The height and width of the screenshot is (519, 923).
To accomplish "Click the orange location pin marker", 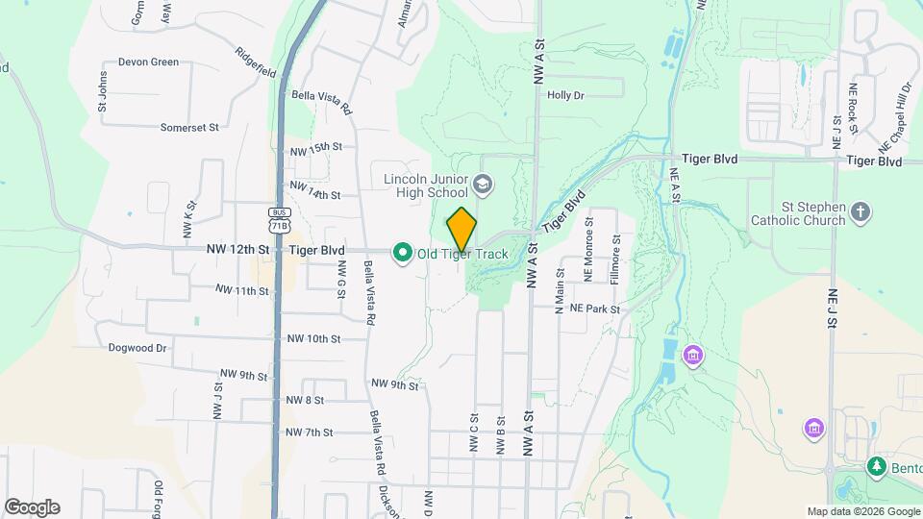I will (461, 229).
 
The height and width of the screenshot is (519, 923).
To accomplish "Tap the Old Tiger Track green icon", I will (401, 253).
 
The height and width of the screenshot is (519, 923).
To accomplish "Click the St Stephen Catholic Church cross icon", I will (861, 211).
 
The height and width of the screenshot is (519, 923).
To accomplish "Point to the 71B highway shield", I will (279, 220).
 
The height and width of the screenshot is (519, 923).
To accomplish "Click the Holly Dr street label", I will (565, 95).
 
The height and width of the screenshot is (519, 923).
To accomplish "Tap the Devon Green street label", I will (148, 62).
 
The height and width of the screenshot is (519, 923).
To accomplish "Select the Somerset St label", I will (189, 126).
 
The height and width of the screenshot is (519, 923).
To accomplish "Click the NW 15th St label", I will (315, 147).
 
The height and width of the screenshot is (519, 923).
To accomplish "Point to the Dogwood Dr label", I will (137, 348).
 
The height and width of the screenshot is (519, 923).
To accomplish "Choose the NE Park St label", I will (595, 309).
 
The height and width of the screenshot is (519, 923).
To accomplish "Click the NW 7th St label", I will (309, 432).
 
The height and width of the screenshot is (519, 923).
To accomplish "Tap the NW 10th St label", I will (313, 339).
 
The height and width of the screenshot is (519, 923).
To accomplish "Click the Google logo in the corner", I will (32, 507).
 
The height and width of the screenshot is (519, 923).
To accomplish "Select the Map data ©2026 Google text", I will (863, 511).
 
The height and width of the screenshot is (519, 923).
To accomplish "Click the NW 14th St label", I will (315, 189).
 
